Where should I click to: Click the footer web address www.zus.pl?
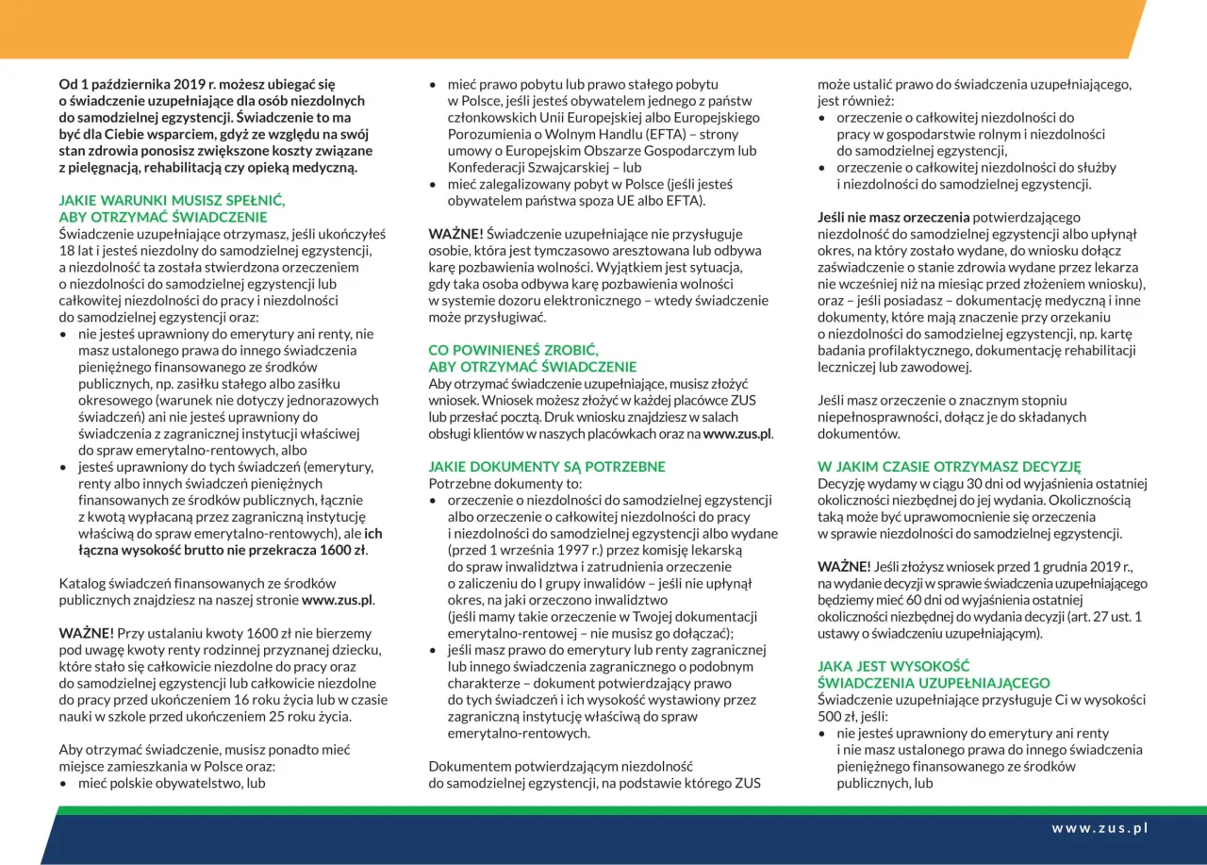[x=1100, y=828]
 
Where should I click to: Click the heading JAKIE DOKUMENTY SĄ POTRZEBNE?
[x=547, y=467]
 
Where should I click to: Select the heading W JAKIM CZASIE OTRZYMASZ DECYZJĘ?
[x=949, y=466]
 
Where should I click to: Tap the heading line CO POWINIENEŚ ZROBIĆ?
[x=513, y=349]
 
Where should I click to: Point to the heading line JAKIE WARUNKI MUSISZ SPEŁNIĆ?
[x=172, y=201]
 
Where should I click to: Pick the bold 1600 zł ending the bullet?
[x=338, y=550]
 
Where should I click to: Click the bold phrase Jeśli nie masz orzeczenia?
[x=893, y=217]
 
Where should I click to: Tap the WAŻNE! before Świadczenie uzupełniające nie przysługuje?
[x=456, y=234]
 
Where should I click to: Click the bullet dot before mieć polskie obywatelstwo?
[x=64, y=784]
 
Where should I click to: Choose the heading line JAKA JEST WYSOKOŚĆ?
[x=893, y=666]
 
